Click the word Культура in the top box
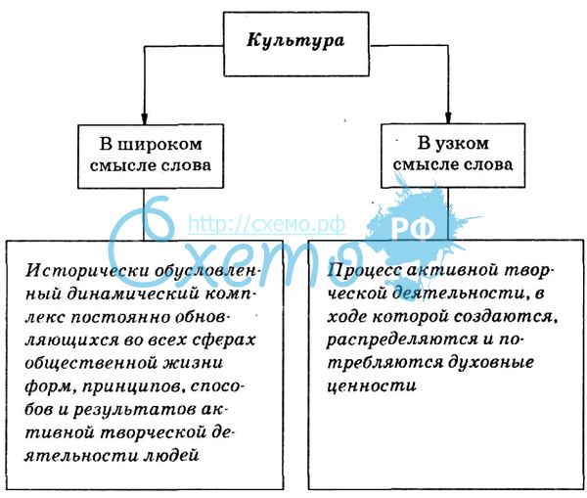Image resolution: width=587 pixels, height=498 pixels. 295,41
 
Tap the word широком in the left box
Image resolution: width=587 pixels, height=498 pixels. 159,144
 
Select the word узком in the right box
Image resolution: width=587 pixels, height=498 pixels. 463,144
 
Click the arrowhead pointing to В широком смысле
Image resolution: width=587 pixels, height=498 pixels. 145,118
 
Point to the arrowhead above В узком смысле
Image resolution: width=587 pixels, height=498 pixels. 448,117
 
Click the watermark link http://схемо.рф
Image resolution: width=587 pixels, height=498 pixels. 266,224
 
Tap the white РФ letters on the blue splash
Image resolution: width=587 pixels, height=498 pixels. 413,229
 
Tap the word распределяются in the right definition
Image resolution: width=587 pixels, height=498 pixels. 402,340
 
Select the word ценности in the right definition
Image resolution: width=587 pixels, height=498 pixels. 372,385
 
